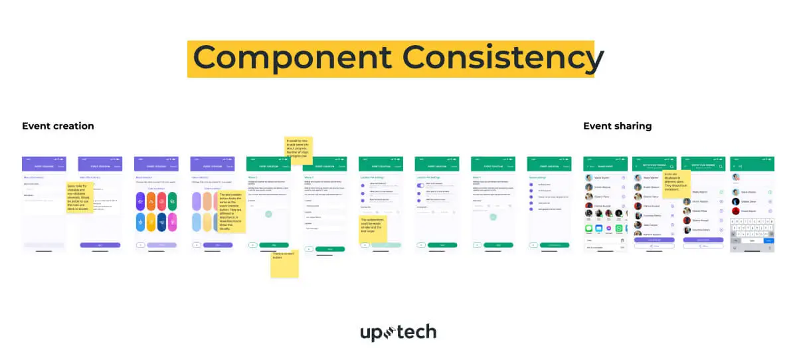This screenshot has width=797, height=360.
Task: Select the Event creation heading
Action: [58, 126]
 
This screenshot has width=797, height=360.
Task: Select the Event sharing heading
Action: [617, 126]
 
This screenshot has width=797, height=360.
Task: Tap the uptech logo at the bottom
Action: [398, 332]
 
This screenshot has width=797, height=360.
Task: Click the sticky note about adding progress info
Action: [298, 145]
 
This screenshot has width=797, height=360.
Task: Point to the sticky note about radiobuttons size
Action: [373, 224]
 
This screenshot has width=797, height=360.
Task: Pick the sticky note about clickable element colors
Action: [80, 198]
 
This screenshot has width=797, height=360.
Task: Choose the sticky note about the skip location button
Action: [232, 212]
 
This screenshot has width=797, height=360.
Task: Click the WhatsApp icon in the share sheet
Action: [620, 228]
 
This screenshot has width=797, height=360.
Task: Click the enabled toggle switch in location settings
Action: [420, 185]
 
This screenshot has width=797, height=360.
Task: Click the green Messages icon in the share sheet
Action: [589, 228]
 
